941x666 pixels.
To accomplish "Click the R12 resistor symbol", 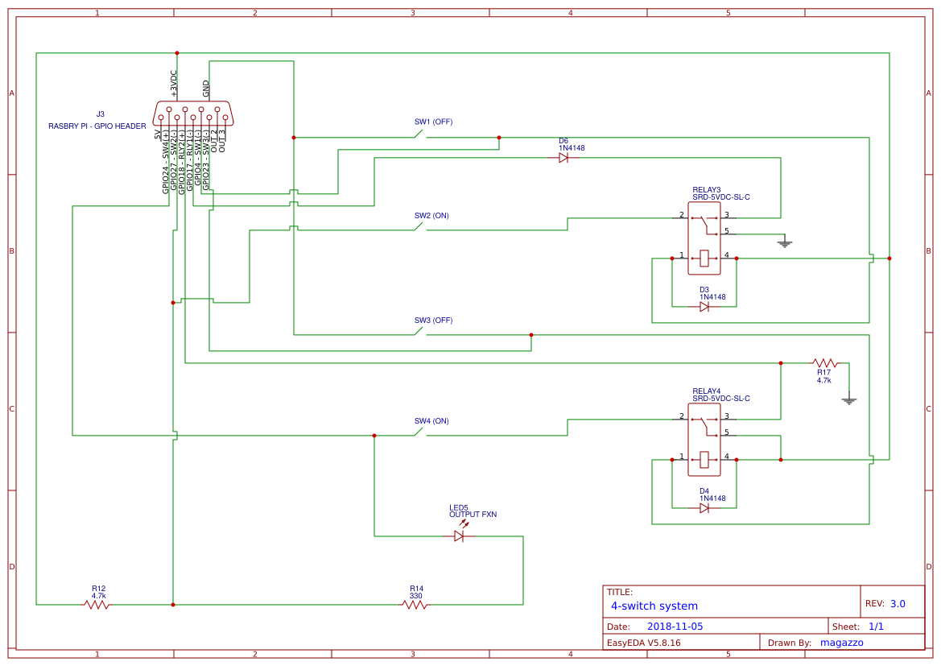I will pyautogui.click(x=97, y=604).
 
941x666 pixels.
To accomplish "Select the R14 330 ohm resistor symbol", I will pyautogui.click(x=415, y=604).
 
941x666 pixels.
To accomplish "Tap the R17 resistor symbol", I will pyautogui.click(x=824, y=363).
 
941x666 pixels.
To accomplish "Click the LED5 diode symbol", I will pyautogui.click(x=460, y=536).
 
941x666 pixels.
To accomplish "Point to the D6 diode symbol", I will pyautogui.click(x=563, y=158).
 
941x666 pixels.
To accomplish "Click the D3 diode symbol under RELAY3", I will pyautogui.click(x=704, y=307).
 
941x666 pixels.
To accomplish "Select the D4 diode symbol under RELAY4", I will pyautogui.click(x=704, y=508).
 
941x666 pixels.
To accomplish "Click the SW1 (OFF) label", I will pyautogui.click(x=433, y=122).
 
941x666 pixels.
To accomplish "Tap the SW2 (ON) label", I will pyautogui.click(x=431, y=216).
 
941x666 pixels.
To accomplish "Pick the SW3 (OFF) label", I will pyautogui.click(x=433, y=321).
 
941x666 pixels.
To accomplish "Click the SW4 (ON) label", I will pyautogui.click(x=431, y=421).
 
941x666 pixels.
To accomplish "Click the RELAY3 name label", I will pyautogui.click(x=707, y=189).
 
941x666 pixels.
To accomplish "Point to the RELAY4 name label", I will pyautogui.click(x=707, y=391).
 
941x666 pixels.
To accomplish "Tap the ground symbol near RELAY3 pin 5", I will pyautogui.click(x=785, y=242).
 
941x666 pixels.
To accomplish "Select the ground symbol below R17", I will pyautogui.click(x=848, y=399).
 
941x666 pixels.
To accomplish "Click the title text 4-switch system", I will pyautogui.click(x=654, y=606).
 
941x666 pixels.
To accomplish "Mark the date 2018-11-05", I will pyautogui.click(x=675, y=627).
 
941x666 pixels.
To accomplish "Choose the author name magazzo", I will pyautogui.click(x=841, y=643).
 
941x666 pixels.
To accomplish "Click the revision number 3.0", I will pyautogui.click(x=898, y=604).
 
